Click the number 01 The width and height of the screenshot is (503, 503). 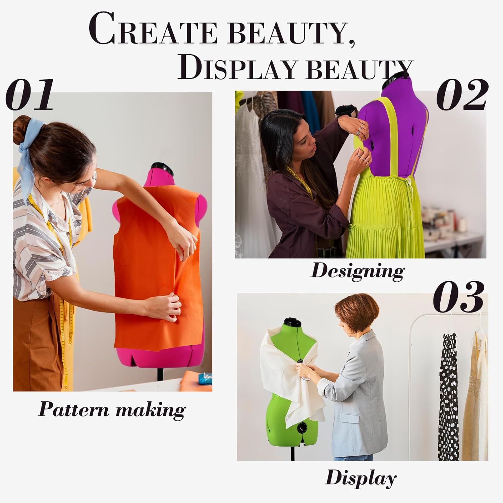(x=30, y=95)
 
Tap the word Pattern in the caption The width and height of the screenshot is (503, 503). (x=73, y=409)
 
